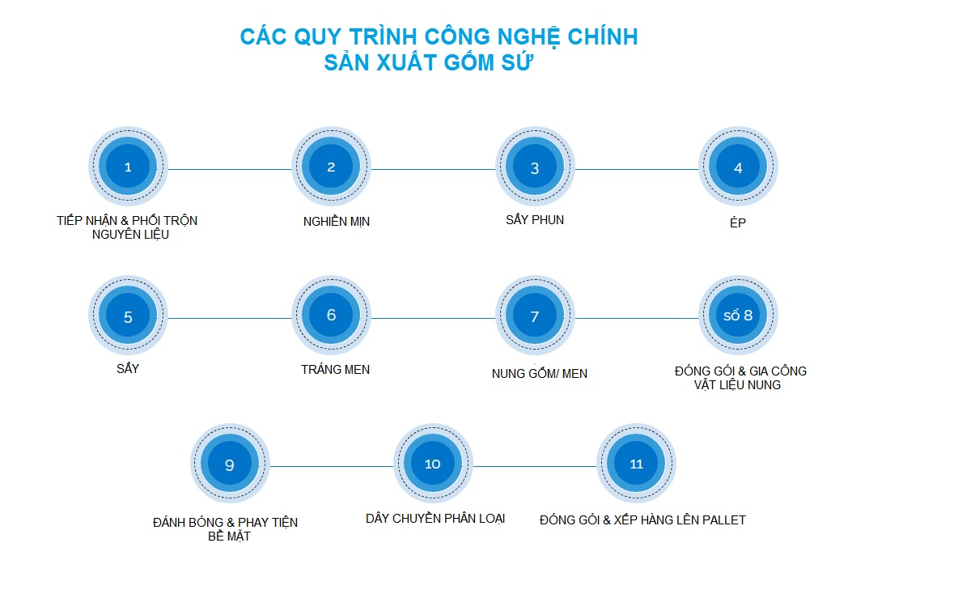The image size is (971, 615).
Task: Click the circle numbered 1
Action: [128, 167]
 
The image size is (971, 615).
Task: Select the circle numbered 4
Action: [738, 167]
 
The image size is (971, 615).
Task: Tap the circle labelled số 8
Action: [738, 315]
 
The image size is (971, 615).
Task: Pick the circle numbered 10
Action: [433, 464]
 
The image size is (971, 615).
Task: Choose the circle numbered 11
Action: [636, 464]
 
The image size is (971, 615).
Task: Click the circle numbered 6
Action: [331, 315]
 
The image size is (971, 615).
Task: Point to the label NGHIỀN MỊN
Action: [337, 222]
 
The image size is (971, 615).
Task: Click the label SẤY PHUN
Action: [535, 220]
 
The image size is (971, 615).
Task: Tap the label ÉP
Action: [738, 223]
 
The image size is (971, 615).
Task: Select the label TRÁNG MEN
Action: [335, 369]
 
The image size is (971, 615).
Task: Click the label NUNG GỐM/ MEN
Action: [539, 373]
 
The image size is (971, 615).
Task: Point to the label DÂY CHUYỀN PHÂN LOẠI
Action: [435, 519]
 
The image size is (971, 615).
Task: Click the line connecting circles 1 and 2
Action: [230, 169]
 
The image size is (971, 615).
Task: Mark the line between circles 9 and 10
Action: [331, 466]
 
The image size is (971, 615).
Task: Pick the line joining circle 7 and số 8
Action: [636, 318]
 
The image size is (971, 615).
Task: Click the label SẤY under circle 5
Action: [128, 368]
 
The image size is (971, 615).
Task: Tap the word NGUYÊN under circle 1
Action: [111, 235]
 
